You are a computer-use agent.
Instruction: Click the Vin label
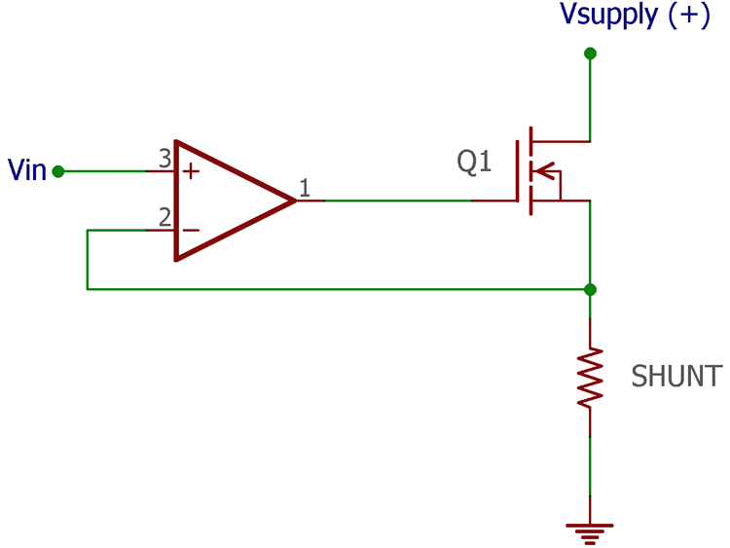[27, 170]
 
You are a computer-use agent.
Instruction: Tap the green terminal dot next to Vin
[58, 171]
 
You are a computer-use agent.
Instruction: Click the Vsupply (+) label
[635, 16]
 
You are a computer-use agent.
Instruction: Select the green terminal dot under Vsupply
[590, 53]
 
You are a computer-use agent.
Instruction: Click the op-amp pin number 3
[164, 157]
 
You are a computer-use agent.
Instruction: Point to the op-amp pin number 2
[164, 216]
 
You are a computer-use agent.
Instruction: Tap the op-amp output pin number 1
[305, 187]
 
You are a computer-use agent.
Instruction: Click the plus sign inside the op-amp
[192, 172]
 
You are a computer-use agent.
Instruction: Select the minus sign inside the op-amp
[192, 231]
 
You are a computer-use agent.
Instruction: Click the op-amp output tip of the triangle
[293, 201]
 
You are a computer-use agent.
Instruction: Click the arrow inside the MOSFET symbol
[549, 172]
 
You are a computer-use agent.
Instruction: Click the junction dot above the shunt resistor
[590, 289]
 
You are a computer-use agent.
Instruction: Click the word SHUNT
[676, 377]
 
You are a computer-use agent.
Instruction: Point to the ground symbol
[590, 530]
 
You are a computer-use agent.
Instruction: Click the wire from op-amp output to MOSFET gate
[399, 201]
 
